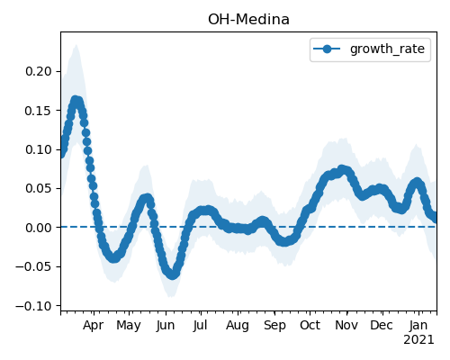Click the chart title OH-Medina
[248, 20]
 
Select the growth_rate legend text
[387, 49]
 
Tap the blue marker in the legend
[327, 49]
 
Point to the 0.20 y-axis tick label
[39, 71]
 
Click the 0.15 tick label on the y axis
[39, 111]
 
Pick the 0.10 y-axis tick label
[39, 149]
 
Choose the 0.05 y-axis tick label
[39, 188]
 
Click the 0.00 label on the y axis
[39, 228]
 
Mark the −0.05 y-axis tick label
[33, 266]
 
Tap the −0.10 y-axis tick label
[33, 306]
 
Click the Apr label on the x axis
[94, 326]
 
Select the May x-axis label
[129, 326]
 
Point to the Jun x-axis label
[166, 326]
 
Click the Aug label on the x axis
[238, 326]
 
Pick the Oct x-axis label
[310, 325]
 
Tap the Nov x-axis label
[346, 325]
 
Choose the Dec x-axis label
[382, 325]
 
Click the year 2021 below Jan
[418, 340]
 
